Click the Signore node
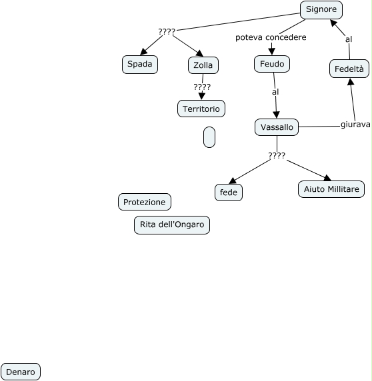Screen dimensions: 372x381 [x=321, y=10]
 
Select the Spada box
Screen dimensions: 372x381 [x=140, y=65]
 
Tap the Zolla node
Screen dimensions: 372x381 [x=203, y=65]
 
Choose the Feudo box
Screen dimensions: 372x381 [x=272, y=64]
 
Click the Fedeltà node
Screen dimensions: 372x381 [x=349, y=69]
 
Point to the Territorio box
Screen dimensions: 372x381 [x=201, y=109]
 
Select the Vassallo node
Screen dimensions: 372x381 [x=277, y=127]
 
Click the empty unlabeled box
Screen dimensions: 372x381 [x=209, y=137]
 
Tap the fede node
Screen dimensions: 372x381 [x=229, y=192]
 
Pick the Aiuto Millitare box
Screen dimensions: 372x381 [x=331, y=189]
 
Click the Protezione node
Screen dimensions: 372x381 [x=145, y=202]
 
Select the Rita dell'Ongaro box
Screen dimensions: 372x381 [x=172, y=225]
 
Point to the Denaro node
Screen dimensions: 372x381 [x=21, y=372]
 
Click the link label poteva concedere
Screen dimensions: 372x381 [x=271, y=37]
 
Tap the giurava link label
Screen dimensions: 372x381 [x=355, y=125]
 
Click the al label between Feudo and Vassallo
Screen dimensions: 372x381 [x=275, y=92]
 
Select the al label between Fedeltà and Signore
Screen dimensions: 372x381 [x=349, y=39]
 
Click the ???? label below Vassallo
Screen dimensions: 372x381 [x=277, y=155]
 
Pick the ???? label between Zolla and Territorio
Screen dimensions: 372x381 [x=202, y=87]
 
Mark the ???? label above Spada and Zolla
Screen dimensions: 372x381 [x=167, y=31]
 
